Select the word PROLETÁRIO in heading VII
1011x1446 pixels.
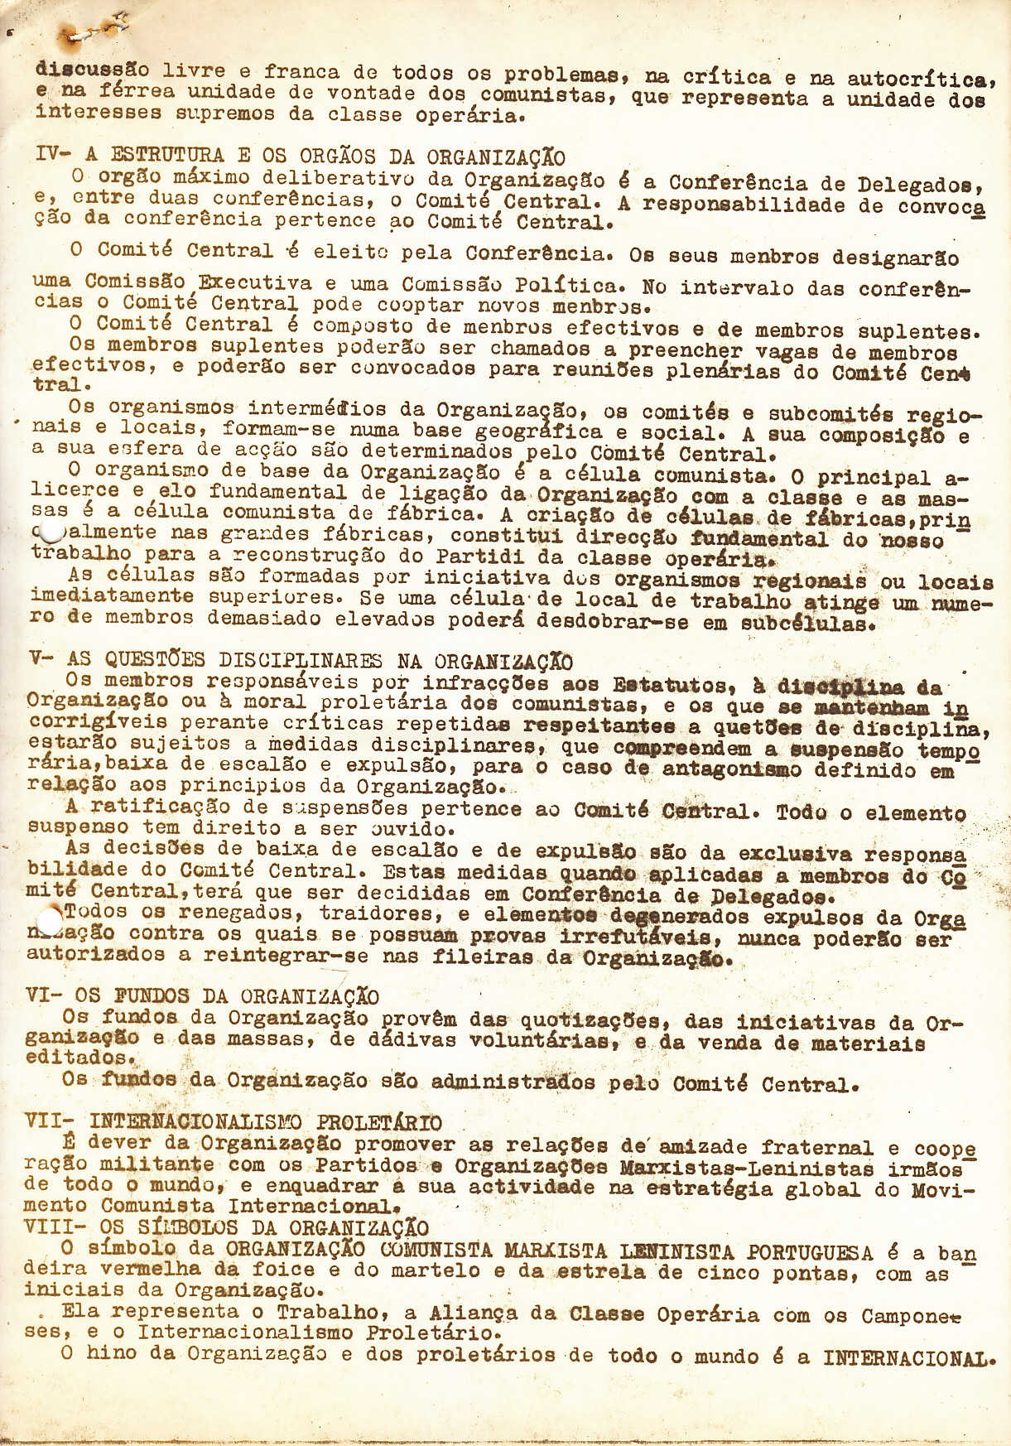(379, 1123)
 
